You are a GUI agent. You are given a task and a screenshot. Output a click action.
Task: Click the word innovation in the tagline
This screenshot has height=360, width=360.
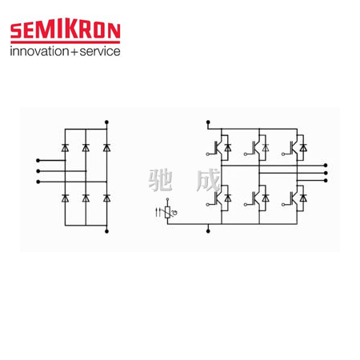tap(39, 51)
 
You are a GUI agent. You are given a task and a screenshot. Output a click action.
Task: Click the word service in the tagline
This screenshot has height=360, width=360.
tap(100, 51)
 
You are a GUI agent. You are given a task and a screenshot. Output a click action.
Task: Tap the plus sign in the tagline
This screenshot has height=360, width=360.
tap(74, 52)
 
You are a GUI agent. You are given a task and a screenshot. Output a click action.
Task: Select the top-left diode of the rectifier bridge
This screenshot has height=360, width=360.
tap(65, 147)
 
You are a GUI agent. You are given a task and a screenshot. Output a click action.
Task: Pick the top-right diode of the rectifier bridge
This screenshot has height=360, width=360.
tap(106, 147)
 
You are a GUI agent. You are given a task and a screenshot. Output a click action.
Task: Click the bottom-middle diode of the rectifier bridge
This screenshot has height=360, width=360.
tap(86, 198)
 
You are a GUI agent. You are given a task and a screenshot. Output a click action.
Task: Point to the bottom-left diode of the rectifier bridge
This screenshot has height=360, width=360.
tap(65, 198)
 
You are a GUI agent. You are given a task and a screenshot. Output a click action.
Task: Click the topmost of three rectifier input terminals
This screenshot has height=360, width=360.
tap(38, 160)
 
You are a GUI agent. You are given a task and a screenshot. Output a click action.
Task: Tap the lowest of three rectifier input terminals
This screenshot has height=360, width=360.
tap(38, 182)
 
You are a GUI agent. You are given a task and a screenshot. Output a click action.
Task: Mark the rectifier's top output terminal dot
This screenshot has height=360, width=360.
tap(106, 122)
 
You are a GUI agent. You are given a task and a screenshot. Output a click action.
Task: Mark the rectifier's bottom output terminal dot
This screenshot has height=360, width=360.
tap(106, 231)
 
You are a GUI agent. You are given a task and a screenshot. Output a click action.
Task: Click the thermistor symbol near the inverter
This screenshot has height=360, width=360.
tap(167, 212)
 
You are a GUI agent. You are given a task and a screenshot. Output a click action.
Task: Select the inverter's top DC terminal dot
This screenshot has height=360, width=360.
tap(208, 122)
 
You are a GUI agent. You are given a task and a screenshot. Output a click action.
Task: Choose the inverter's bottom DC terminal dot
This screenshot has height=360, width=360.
tap(208, 231)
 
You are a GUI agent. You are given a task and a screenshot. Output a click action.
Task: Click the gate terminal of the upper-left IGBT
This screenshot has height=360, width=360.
tap(207, 154)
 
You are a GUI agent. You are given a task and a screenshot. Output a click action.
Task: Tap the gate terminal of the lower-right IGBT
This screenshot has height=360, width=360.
tap(283, 205)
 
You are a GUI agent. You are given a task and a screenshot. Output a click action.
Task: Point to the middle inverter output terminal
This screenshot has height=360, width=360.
tap(326, 173)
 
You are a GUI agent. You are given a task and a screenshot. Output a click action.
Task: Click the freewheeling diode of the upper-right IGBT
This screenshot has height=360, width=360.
tap(303, 148)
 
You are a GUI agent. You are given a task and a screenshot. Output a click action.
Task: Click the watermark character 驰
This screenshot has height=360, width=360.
tap(160, 180)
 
